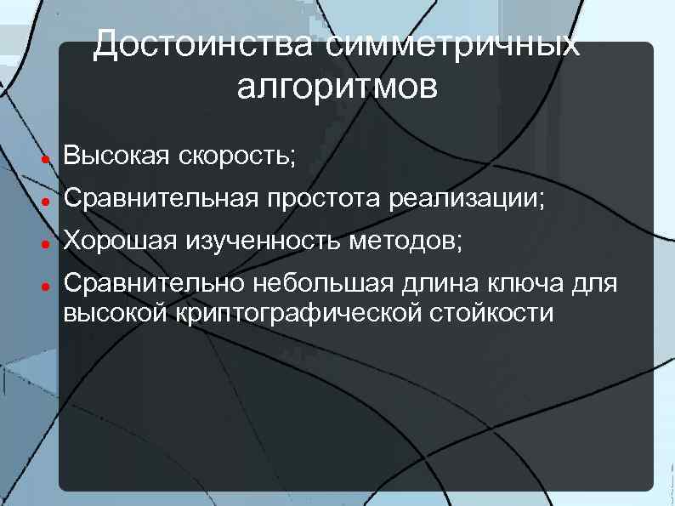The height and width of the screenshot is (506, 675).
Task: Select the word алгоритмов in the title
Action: coord(337,86)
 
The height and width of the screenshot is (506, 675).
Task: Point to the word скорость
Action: coord(237,156)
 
